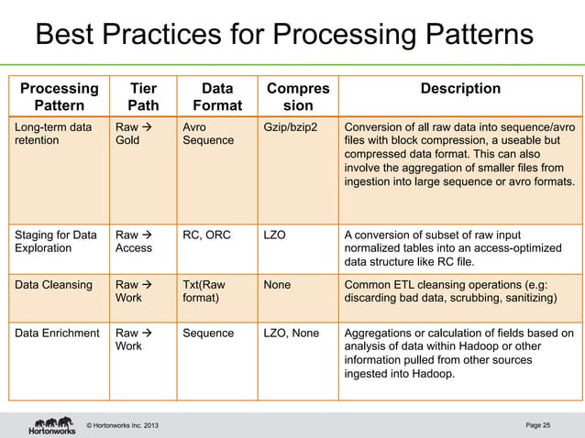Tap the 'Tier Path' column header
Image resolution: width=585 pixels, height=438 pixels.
tap(142, 97)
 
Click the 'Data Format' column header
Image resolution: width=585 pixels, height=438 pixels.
tap(216, 97)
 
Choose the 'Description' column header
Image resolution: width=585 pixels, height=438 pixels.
tap(459, 89)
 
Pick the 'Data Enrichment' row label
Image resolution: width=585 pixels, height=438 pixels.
tap(57, 332)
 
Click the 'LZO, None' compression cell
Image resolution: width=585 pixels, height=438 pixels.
tap(291, 332)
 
